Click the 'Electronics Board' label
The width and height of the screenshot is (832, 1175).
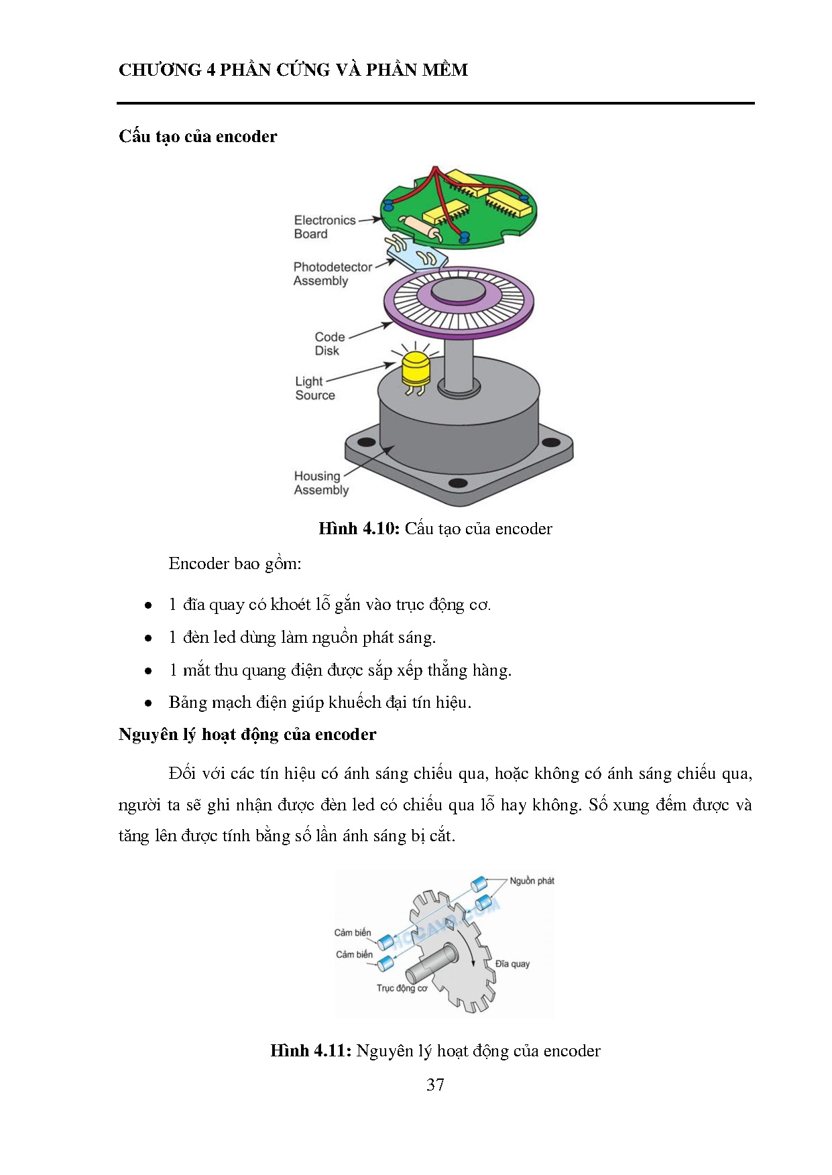tap(324, 227)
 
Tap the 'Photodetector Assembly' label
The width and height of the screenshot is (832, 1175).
tap(332, 273)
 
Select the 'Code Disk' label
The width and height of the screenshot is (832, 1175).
tap(329, 343)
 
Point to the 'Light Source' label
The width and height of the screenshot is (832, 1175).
tap(314, 388)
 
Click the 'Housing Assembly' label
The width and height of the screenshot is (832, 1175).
tap(320, 483)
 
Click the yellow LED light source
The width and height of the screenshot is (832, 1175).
tap(416, 371)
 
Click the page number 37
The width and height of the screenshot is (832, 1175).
tap(435, 1085)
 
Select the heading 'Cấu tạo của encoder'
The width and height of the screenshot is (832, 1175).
tap(198, 137)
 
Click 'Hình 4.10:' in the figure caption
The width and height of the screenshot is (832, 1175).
tap(359, 529)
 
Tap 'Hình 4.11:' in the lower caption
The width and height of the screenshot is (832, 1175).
tap(310, 1050)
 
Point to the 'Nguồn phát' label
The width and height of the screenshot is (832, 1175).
tap(532, 881)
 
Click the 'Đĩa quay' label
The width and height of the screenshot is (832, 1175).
tap(512, 964)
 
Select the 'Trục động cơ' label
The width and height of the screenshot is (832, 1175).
tap(402, 988)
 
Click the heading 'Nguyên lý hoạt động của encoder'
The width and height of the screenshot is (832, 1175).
tap(247, 735)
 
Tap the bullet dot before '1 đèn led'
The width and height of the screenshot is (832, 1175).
tap(148, 638)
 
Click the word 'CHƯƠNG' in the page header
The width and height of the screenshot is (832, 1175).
tap(160, 70)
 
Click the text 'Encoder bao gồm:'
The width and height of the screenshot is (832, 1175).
tap(235, 564)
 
